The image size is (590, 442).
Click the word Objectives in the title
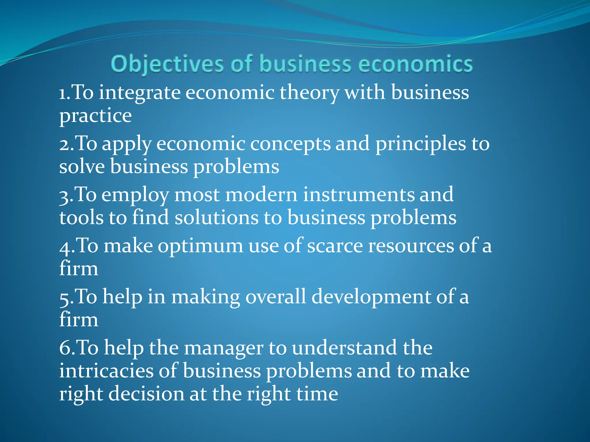click(x=167, y=64)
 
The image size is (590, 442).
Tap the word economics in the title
click(x=415, y=64)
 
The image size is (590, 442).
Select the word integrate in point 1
click(x=139, y=93)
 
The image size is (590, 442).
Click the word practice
click(x=95, y=116)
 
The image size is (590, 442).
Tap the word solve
click(x=82, y=167)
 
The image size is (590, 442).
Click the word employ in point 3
click(x=135, y=195)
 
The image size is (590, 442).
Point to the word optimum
click(x=200, y=246)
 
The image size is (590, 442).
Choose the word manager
click(x=224, y=348)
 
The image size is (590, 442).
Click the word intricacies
click(x=106, y=371)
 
